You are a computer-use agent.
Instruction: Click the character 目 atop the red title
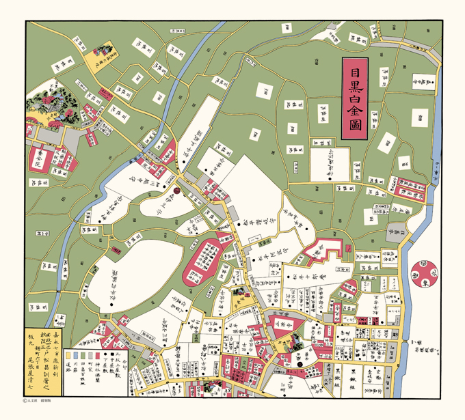click(355, 70)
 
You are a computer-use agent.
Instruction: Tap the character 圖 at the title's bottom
click(355, 126)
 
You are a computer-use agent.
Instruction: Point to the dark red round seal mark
click(176, 192)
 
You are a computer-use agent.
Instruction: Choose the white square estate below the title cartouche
click(332, 164)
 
